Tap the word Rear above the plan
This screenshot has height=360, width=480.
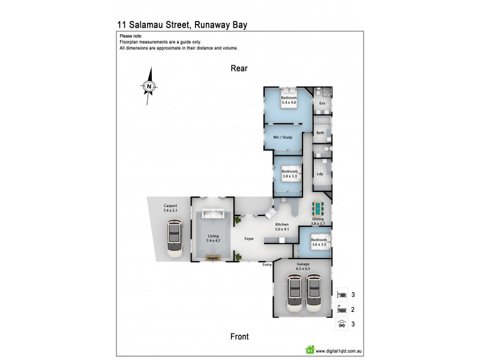coord(239,68)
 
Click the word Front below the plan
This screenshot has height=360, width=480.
coord(239,337)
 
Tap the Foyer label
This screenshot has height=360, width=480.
coord(249,239)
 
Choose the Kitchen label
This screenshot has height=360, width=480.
coord(282,226)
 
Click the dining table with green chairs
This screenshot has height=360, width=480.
coord(318,209)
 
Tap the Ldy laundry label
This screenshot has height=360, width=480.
coord(320,174)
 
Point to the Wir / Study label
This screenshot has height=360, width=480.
coord(283,137)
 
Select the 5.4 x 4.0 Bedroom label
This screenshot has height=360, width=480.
coord(289,100)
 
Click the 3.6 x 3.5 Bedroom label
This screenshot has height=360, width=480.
coord(318,242)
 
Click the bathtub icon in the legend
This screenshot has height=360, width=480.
coord(341,310)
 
